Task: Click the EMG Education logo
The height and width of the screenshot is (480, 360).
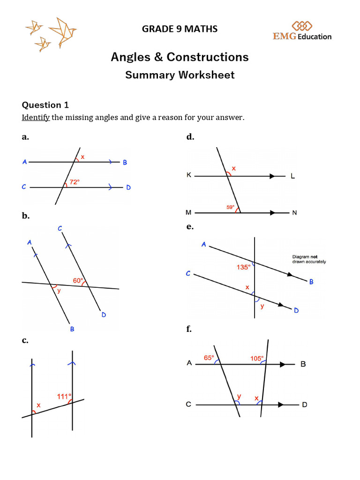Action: (x=302, y=31)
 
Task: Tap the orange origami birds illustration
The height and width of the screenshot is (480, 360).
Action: (x=51, y=34)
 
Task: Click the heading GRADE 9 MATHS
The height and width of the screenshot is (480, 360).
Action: (x=180, y=29)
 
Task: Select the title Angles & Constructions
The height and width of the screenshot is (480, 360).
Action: (x=180, y=57)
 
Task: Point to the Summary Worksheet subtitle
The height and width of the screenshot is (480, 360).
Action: (x=180, y=75)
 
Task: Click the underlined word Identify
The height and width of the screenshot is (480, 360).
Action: (x=36, y=117)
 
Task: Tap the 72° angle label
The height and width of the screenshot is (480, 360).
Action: (x=75, y=181)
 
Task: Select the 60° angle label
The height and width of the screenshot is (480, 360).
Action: (x=78, y=281)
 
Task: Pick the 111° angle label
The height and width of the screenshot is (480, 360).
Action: (x=64, y=397)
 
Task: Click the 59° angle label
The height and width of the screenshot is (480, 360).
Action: (x=231, y=206)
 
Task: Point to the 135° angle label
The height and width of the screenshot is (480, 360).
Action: (x=244, y=268)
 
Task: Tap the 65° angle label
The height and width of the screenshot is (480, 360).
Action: (x=209, y=358)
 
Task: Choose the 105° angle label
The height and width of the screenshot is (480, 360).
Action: (x=257, y=359)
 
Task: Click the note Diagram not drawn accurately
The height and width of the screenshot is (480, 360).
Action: (x=309, y=259)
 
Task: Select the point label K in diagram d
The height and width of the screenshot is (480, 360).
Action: (x=189, y=175)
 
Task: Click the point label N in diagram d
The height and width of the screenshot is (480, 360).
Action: (x=294, y=213)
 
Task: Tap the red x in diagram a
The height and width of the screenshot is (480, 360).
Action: (x=82, y=157)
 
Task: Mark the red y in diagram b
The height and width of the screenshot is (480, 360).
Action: (x=59, y=291)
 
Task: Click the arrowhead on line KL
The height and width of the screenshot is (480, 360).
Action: (x=272, y=176)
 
